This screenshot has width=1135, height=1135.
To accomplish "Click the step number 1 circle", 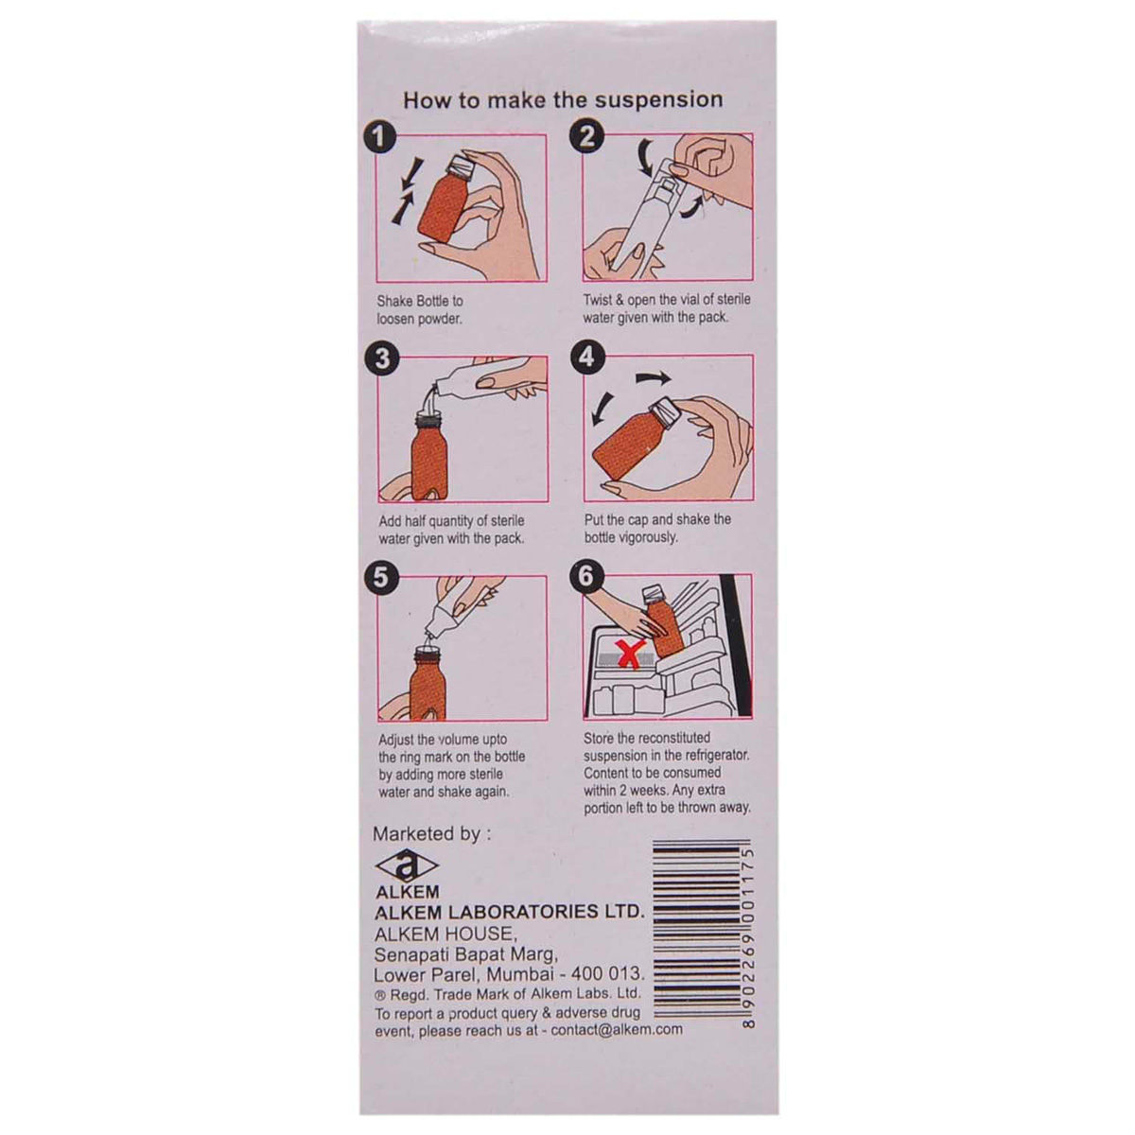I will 381,138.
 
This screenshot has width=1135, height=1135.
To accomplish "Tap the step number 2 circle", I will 586,138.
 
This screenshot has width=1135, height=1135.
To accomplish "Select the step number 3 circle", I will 381,359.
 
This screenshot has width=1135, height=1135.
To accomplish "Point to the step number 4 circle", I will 587,358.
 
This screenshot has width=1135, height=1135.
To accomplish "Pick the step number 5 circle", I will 381,579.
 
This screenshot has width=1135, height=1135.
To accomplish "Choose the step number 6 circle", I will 587,577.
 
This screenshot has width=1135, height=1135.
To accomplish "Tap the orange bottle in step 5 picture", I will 428,682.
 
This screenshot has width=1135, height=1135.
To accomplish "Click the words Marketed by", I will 431,834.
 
